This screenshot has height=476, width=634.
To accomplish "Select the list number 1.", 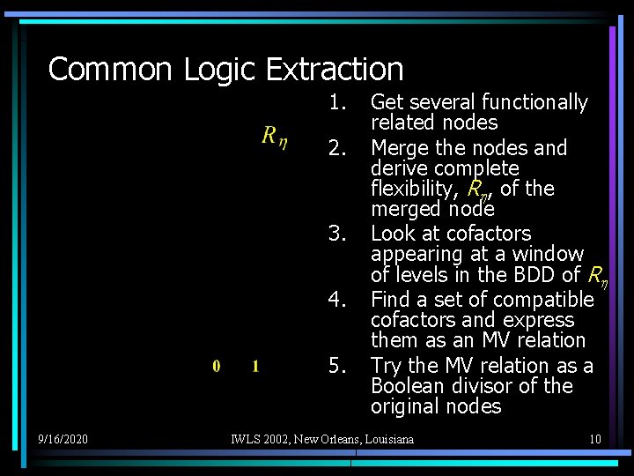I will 335,103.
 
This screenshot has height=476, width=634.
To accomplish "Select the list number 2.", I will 335,148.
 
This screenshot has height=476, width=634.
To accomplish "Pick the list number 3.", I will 335,234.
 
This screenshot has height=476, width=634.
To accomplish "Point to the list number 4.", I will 335,300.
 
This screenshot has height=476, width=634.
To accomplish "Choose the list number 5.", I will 335,366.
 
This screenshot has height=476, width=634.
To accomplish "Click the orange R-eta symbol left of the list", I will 273,136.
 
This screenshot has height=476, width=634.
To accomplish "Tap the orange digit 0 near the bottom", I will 217,366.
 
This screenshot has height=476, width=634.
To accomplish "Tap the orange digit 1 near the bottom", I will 255,366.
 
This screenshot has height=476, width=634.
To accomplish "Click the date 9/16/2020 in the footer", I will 63,438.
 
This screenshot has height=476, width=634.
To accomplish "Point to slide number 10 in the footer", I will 595,438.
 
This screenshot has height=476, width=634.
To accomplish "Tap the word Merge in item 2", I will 398,148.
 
